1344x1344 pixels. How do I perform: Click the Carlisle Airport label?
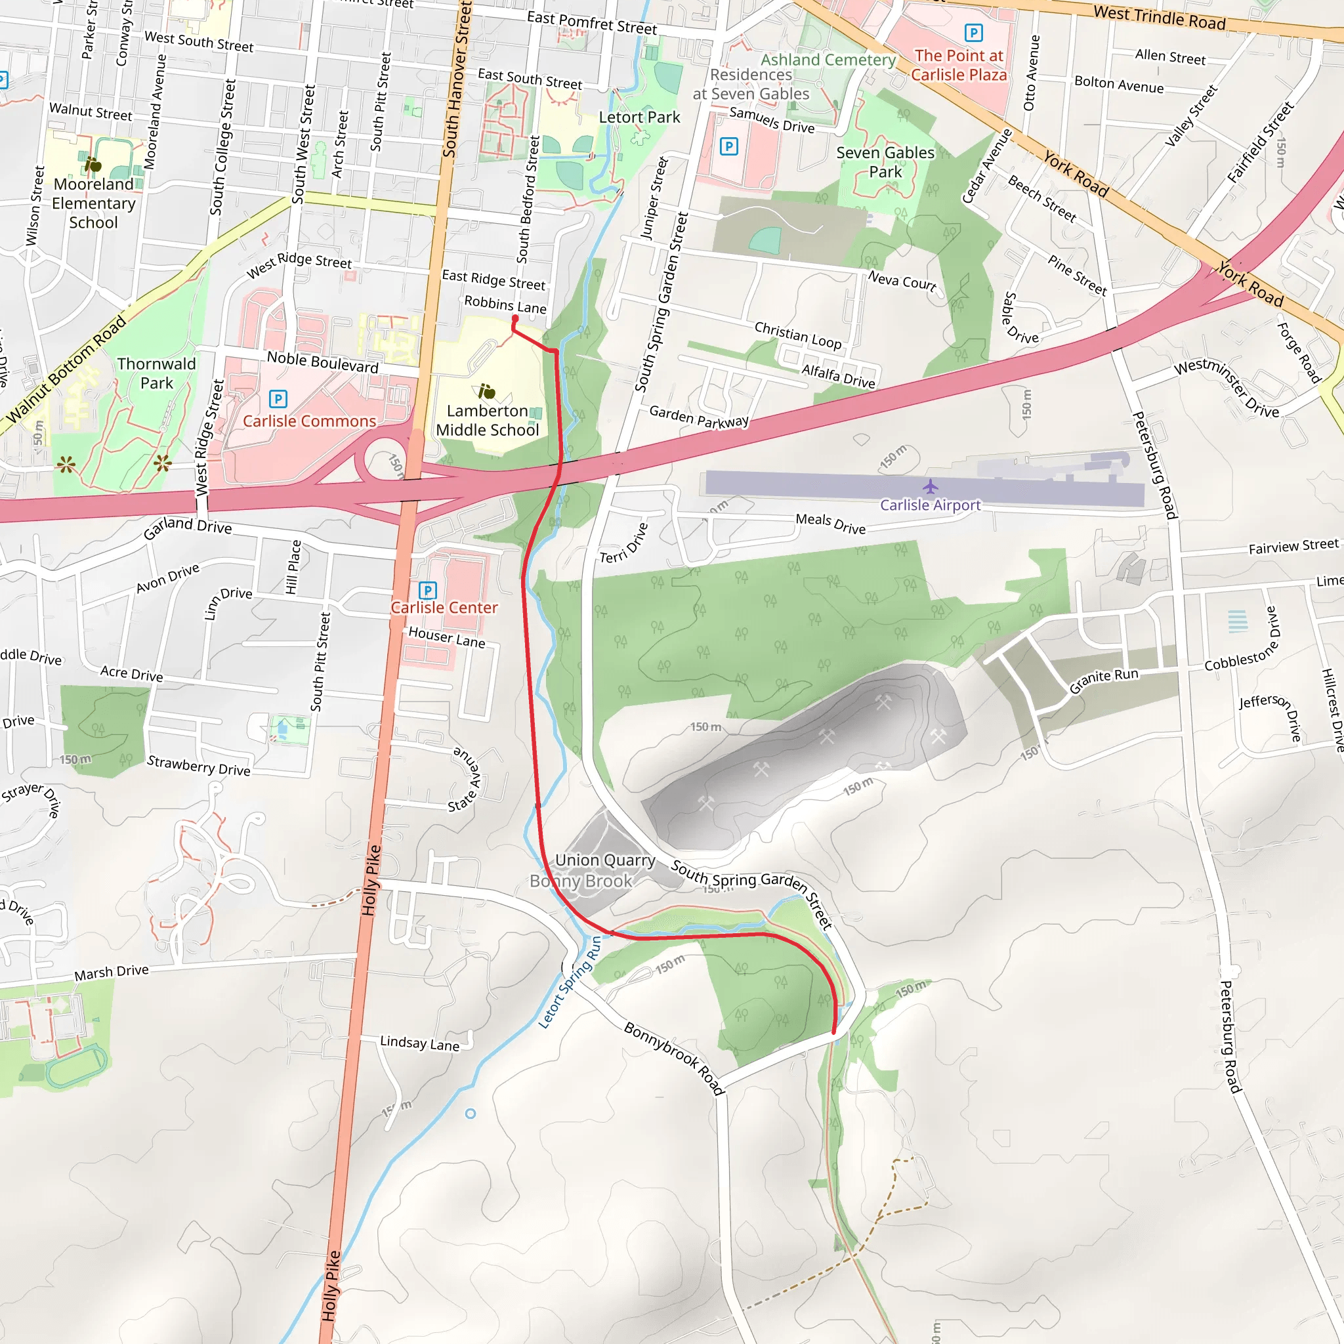pyautogui.click(x=930, y=505)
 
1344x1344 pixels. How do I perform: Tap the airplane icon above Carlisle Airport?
pyautogui.click(x=930, y=486)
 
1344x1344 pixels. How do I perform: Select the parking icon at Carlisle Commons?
pyautogui.click(x=278, y=398)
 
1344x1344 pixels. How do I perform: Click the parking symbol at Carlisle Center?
pyautogui.click(x=428, y=591)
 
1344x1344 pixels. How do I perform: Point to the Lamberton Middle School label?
pyautogui.click(x=487, y=420)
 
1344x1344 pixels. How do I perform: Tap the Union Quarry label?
pyautogui.click(x=604, y=860)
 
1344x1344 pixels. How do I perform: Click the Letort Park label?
pyautogui.click(x=639, y=117)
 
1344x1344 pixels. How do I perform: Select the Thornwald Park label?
pyautogui.click(x=157, y=373)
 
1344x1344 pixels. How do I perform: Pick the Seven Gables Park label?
pyautogui.click(x=885, y=162)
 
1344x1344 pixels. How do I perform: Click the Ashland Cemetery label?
pyautogui.click(x=828, y=60)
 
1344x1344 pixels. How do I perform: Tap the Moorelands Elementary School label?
pyautogui.click(x=94, y=203)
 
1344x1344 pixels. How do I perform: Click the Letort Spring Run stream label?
pyautogui.click(x=570, y=983)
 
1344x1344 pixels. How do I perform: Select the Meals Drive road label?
pyautogui.click(x=831, y=524)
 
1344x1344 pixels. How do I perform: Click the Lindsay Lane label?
pyautogui.click(x=419, y=1043)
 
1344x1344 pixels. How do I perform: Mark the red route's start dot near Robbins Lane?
pyautogui.click(x=514, y=318)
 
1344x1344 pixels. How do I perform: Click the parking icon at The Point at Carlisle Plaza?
pyautogui.click(x=973, y=33)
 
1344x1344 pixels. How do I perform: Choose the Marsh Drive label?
pyautogui.click(x=112, y=972)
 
